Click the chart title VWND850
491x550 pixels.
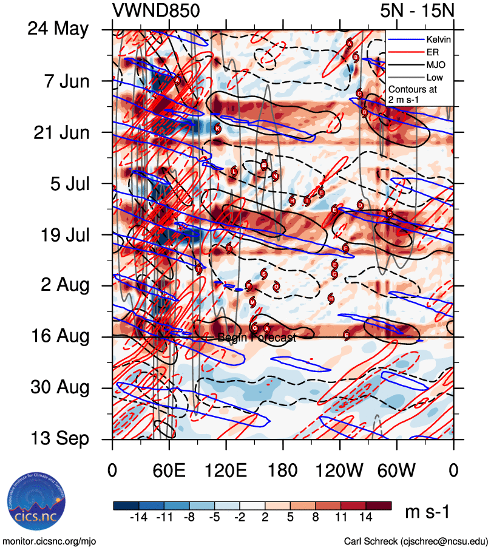(x=156, y=10)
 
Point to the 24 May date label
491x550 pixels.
(x=58, y=29)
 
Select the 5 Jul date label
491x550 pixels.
(x=67, y=183)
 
